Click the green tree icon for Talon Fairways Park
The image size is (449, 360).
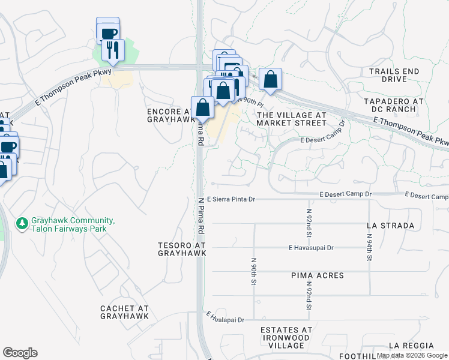(23, 223)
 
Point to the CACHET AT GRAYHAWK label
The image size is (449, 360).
(124, 312)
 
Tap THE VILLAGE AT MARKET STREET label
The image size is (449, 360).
(291, 118)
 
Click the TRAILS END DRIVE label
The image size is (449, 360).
(394, 75)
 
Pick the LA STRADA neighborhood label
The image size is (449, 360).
(390, 226)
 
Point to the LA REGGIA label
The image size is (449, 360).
(411, 346)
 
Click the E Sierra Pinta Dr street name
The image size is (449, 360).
(231, 199)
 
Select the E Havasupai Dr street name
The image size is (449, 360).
(310, 247)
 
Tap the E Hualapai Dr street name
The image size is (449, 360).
(225, 317)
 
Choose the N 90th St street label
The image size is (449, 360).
(255, 271)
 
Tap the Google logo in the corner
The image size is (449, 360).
(20, 352)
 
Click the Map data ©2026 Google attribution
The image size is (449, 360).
(412, 355)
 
